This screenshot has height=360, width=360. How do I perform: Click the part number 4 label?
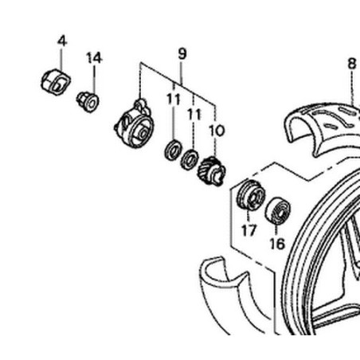[x=62, y=41]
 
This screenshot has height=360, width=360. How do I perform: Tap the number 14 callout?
[x=94, y=58]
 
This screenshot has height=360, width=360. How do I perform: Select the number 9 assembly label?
[x=182, y=53]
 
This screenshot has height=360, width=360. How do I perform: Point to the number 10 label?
[x=217, y=131]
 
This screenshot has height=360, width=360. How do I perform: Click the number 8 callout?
[x=352, y=64]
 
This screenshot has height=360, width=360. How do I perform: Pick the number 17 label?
[x=249, y=230]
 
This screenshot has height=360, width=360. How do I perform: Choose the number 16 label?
[x=277, y=244]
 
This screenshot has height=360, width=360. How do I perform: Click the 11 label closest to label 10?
[x=194, y=115]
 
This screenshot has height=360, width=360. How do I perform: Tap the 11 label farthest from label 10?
[x=174, y=100]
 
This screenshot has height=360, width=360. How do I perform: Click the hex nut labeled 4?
[x=56, y=82]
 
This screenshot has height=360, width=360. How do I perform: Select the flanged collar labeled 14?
[x=88, y=102]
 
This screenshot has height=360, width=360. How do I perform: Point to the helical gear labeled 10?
[x=212, y=171]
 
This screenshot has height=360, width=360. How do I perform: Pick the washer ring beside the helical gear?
[x=190, y=159]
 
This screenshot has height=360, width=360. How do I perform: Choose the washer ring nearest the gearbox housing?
[x=173, y=150]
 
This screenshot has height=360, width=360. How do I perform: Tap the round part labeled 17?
[x=251, y=195]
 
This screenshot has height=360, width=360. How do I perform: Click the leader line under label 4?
[x=61, y=59]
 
